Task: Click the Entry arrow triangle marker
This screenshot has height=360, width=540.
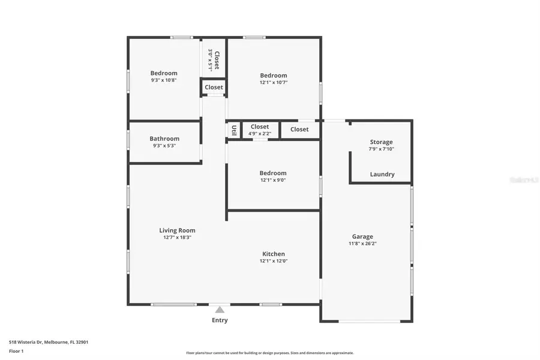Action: coord(220,310)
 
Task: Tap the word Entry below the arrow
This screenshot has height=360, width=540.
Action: coord(220,320)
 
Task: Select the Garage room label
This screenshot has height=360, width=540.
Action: coord(362,236)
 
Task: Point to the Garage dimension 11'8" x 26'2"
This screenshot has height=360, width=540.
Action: coord(362,244)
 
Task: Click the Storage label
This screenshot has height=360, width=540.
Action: coord(381,142)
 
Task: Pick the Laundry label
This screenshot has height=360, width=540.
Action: coord(382,175)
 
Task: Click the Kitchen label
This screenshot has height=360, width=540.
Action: coord(273,254)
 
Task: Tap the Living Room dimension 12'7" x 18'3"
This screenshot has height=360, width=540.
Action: coord(177,238)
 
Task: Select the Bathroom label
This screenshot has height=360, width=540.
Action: coord(164,139)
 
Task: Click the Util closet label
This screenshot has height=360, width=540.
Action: coord(233,130)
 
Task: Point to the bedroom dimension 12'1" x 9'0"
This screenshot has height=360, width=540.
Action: coord(273,180)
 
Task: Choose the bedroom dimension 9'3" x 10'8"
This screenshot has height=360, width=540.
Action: coord(164,80)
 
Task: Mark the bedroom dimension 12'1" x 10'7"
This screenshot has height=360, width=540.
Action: coord(273,83)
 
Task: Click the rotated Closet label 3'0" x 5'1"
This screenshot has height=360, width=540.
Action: coord(214,59)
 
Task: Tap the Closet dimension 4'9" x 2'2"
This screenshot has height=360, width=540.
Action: coord(260,134)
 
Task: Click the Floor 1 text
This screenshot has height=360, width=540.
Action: coord(16,350)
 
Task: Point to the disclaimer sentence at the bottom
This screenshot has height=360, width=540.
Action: coord(270,353)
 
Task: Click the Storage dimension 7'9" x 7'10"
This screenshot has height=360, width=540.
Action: coord(381,149)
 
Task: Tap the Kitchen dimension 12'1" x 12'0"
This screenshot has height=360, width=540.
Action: coord(273,261)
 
